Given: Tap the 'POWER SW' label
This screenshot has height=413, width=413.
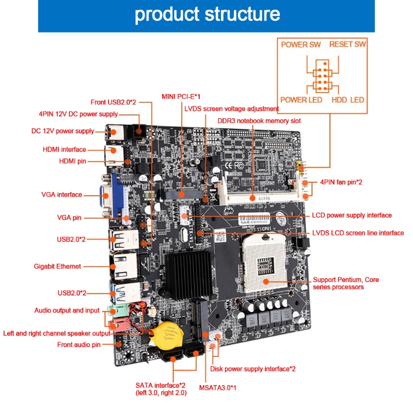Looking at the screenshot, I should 300,44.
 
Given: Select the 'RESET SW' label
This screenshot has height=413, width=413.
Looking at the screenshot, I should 347,44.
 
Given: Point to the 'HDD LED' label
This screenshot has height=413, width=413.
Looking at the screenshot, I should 347,100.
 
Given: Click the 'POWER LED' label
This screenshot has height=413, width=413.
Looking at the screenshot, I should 301,100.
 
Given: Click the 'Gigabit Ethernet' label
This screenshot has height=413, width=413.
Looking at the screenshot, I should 57,266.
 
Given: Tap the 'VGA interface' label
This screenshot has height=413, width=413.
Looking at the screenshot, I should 61,195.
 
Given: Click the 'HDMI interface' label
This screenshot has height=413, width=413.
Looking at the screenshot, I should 65,150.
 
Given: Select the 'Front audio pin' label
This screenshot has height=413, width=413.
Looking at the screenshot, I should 78,344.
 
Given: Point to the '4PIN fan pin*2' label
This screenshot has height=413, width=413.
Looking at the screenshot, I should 341,182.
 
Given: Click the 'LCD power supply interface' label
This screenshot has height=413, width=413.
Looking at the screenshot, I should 352,215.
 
